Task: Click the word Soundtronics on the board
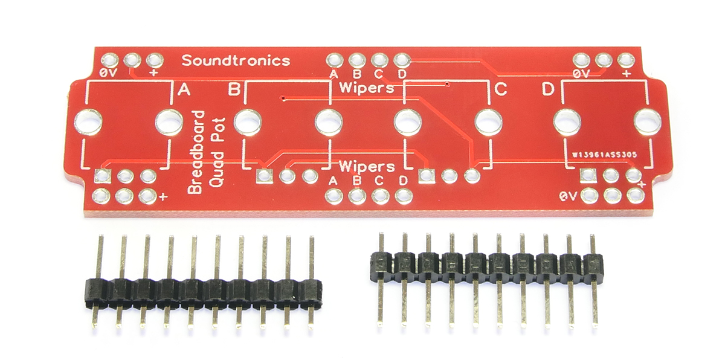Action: point(236,60)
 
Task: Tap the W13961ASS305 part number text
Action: point(604,155)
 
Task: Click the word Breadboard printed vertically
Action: point(196,152)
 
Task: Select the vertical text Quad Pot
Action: point(216,152)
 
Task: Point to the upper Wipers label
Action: point(367,88)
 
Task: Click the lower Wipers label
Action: point(367,167)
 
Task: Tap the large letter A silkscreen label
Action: point(184,89)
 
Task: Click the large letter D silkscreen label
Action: point(548,89)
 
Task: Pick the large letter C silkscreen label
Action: point(501,89)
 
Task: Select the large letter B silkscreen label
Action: point(234,89)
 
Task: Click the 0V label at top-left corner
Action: point(108,73)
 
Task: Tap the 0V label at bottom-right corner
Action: point(568,196)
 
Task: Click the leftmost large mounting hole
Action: point(88,122)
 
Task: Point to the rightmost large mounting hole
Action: point(647,122)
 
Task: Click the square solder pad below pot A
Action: point(102,176)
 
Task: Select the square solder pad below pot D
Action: point(588,176)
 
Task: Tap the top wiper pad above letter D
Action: point(402,60)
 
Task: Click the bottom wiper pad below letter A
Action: point(333,196)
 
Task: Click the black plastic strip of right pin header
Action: point(486,267)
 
